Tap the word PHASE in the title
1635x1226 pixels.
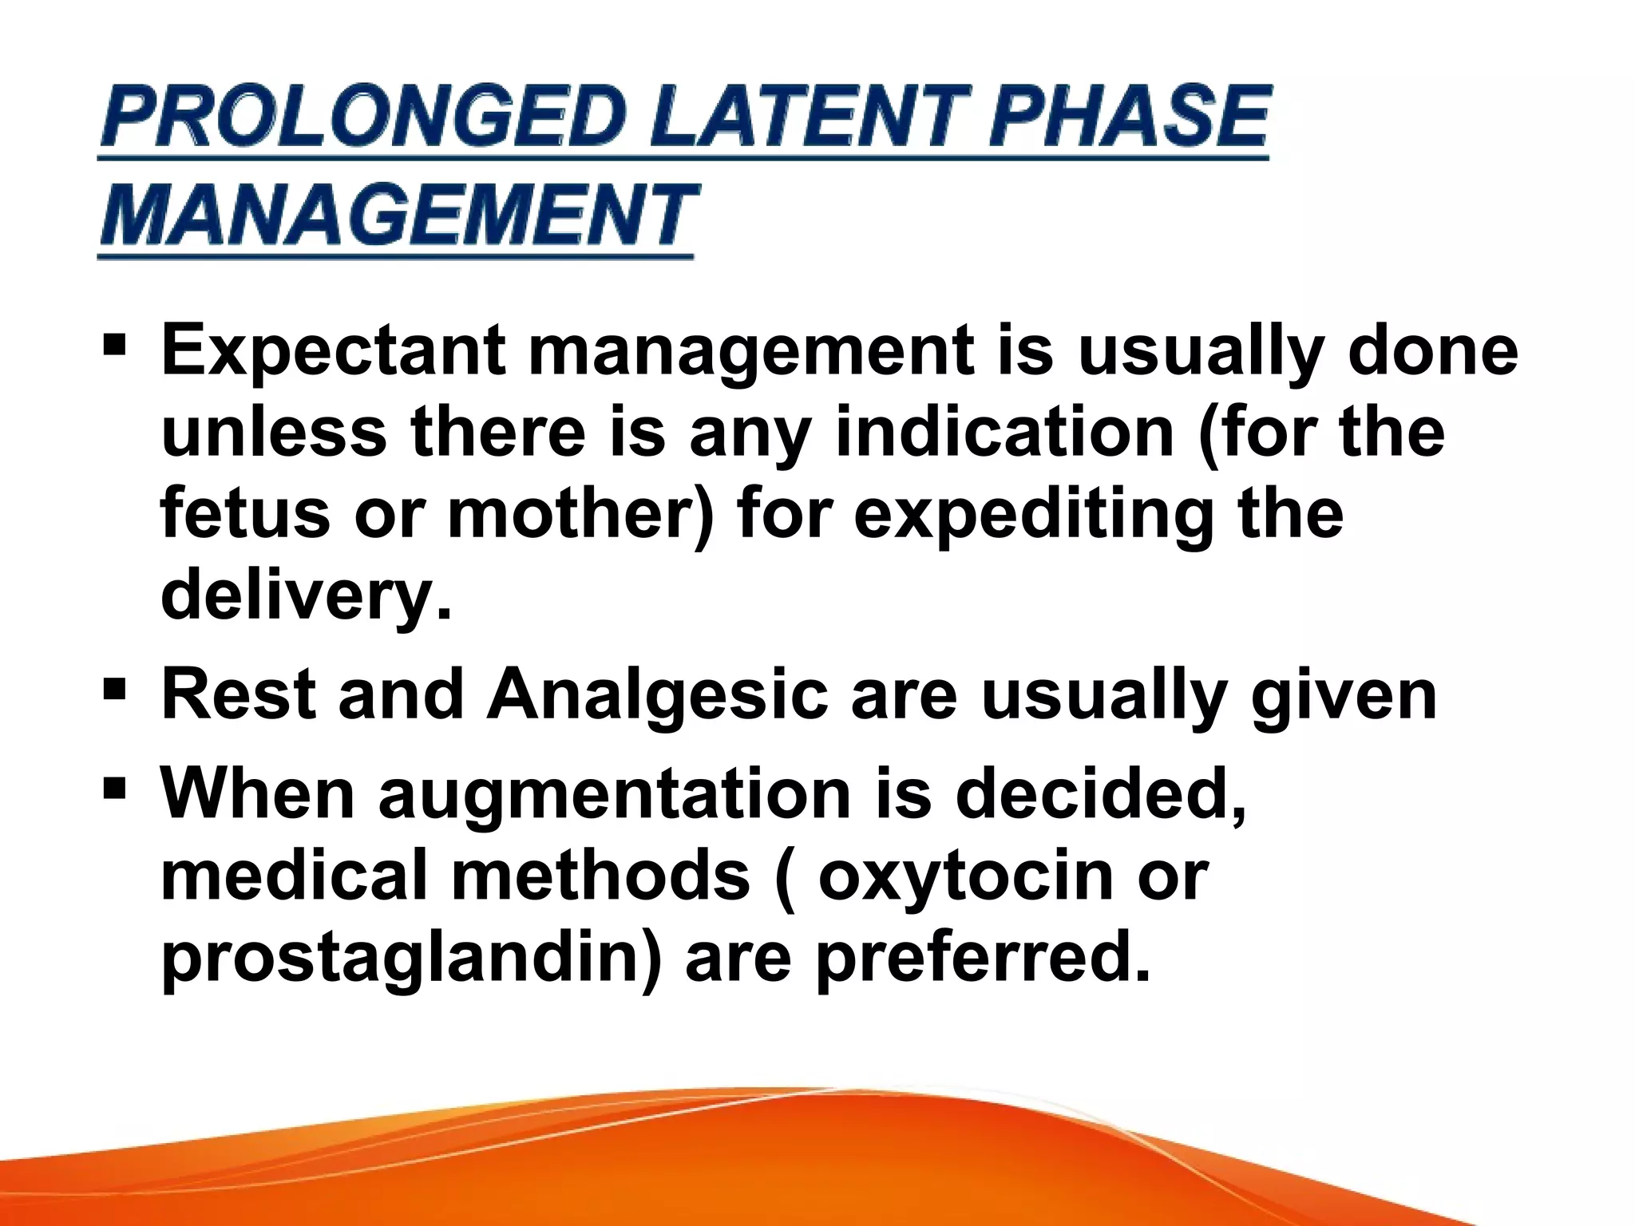coord(1128,117)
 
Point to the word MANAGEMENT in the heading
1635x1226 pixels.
coord(398,216)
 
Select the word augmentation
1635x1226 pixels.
coord(615,797)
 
